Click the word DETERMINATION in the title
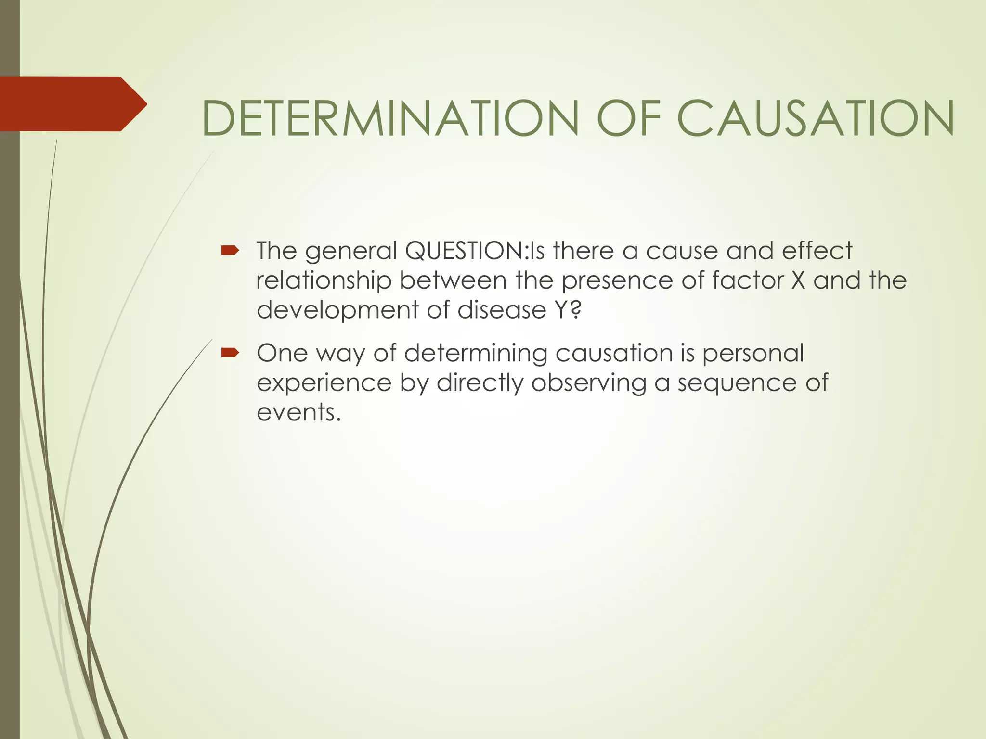390,118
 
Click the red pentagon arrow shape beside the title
72,104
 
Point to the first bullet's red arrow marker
230,250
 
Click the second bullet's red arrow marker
230,353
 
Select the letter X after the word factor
798,280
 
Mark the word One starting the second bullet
282,353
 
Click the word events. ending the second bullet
298,413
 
